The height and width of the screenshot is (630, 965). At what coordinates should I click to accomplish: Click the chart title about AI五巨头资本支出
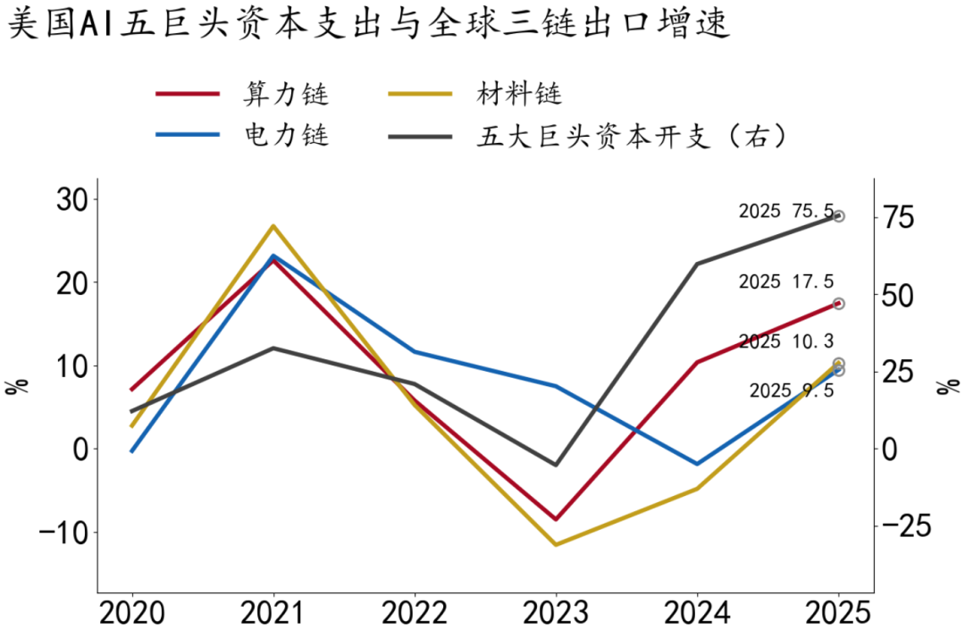(369, 22)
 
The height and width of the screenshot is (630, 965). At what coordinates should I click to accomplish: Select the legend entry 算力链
(242, 94)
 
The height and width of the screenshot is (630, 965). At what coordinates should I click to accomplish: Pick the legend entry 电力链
(242, 135)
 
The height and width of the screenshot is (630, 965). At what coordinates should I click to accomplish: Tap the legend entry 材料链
(475, 94)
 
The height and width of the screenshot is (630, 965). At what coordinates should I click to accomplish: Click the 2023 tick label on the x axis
(556, 613)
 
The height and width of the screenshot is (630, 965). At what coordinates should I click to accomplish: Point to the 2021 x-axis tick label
(273, 613)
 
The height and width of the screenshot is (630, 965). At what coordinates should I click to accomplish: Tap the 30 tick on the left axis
(72, 199)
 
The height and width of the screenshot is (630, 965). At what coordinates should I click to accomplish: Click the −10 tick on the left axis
(63, 533)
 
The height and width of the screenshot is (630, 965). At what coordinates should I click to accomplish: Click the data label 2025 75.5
(786, 211)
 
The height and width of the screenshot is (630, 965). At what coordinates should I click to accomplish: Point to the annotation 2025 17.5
(786, 281)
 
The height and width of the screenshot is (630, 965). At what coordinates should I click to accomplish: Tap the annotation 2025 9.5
(792, 390)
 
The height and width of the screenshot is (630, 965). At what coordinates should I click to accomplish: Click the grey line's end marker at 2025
(838, 216)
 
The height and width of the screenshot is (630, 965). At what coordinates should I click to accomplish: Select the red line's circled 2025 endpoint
(838, 303)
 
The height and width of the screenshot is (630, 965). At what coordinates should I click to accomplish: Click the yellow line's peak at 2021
(273, 226)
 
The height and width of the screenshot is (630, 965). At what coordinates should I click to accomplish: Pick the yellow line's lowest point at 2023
(556, 544)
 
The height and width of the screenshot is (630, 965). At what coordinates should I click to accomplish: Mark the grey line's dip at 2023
(556, 465)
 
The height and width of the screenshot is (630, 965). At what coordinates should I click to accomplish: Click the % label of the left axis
(17, 386)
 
